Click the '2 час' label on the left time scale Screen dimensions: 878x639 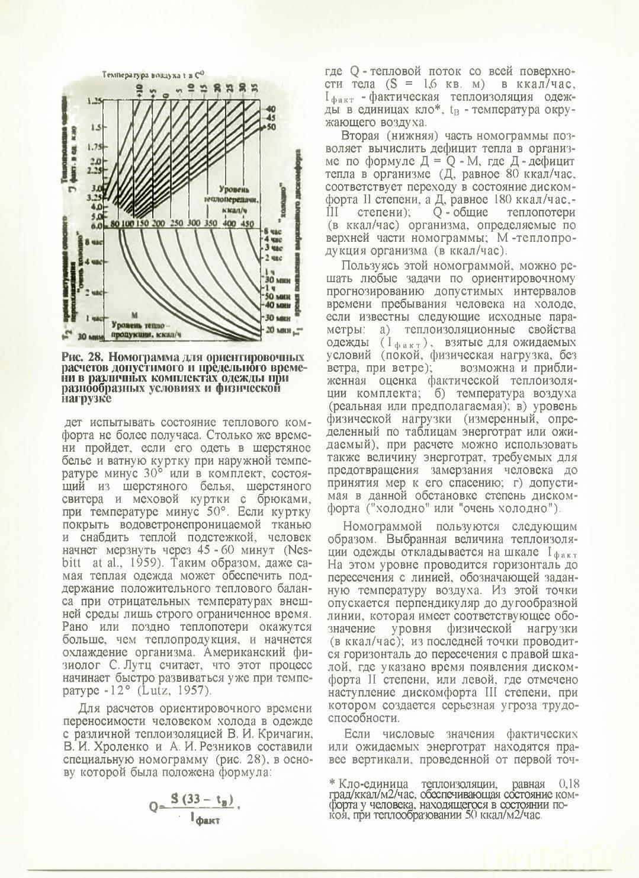tap(94, 292)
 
